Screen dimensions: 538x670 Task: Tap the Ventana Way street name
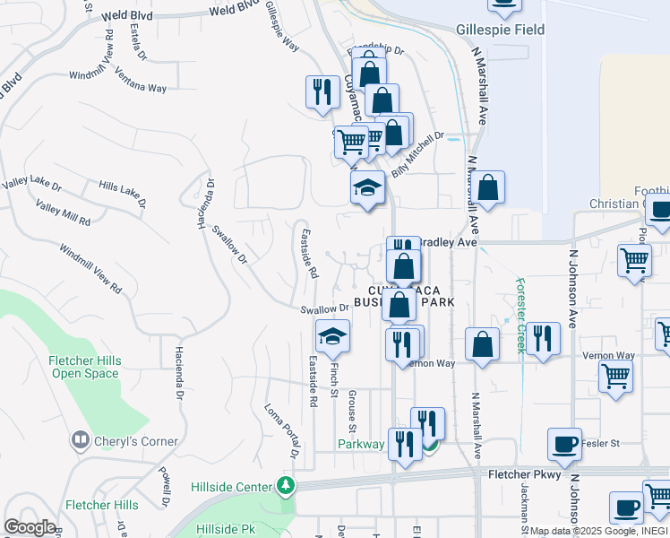[142, 82]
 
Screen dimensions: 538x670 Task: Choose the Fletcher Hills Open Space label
[84, 367]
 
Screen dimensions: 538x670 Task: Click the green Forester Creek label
[520, 315]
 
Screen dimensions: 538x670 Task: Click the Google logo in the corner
[30, 527]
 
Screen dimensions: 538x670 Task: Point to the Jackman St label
[521, 511]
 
